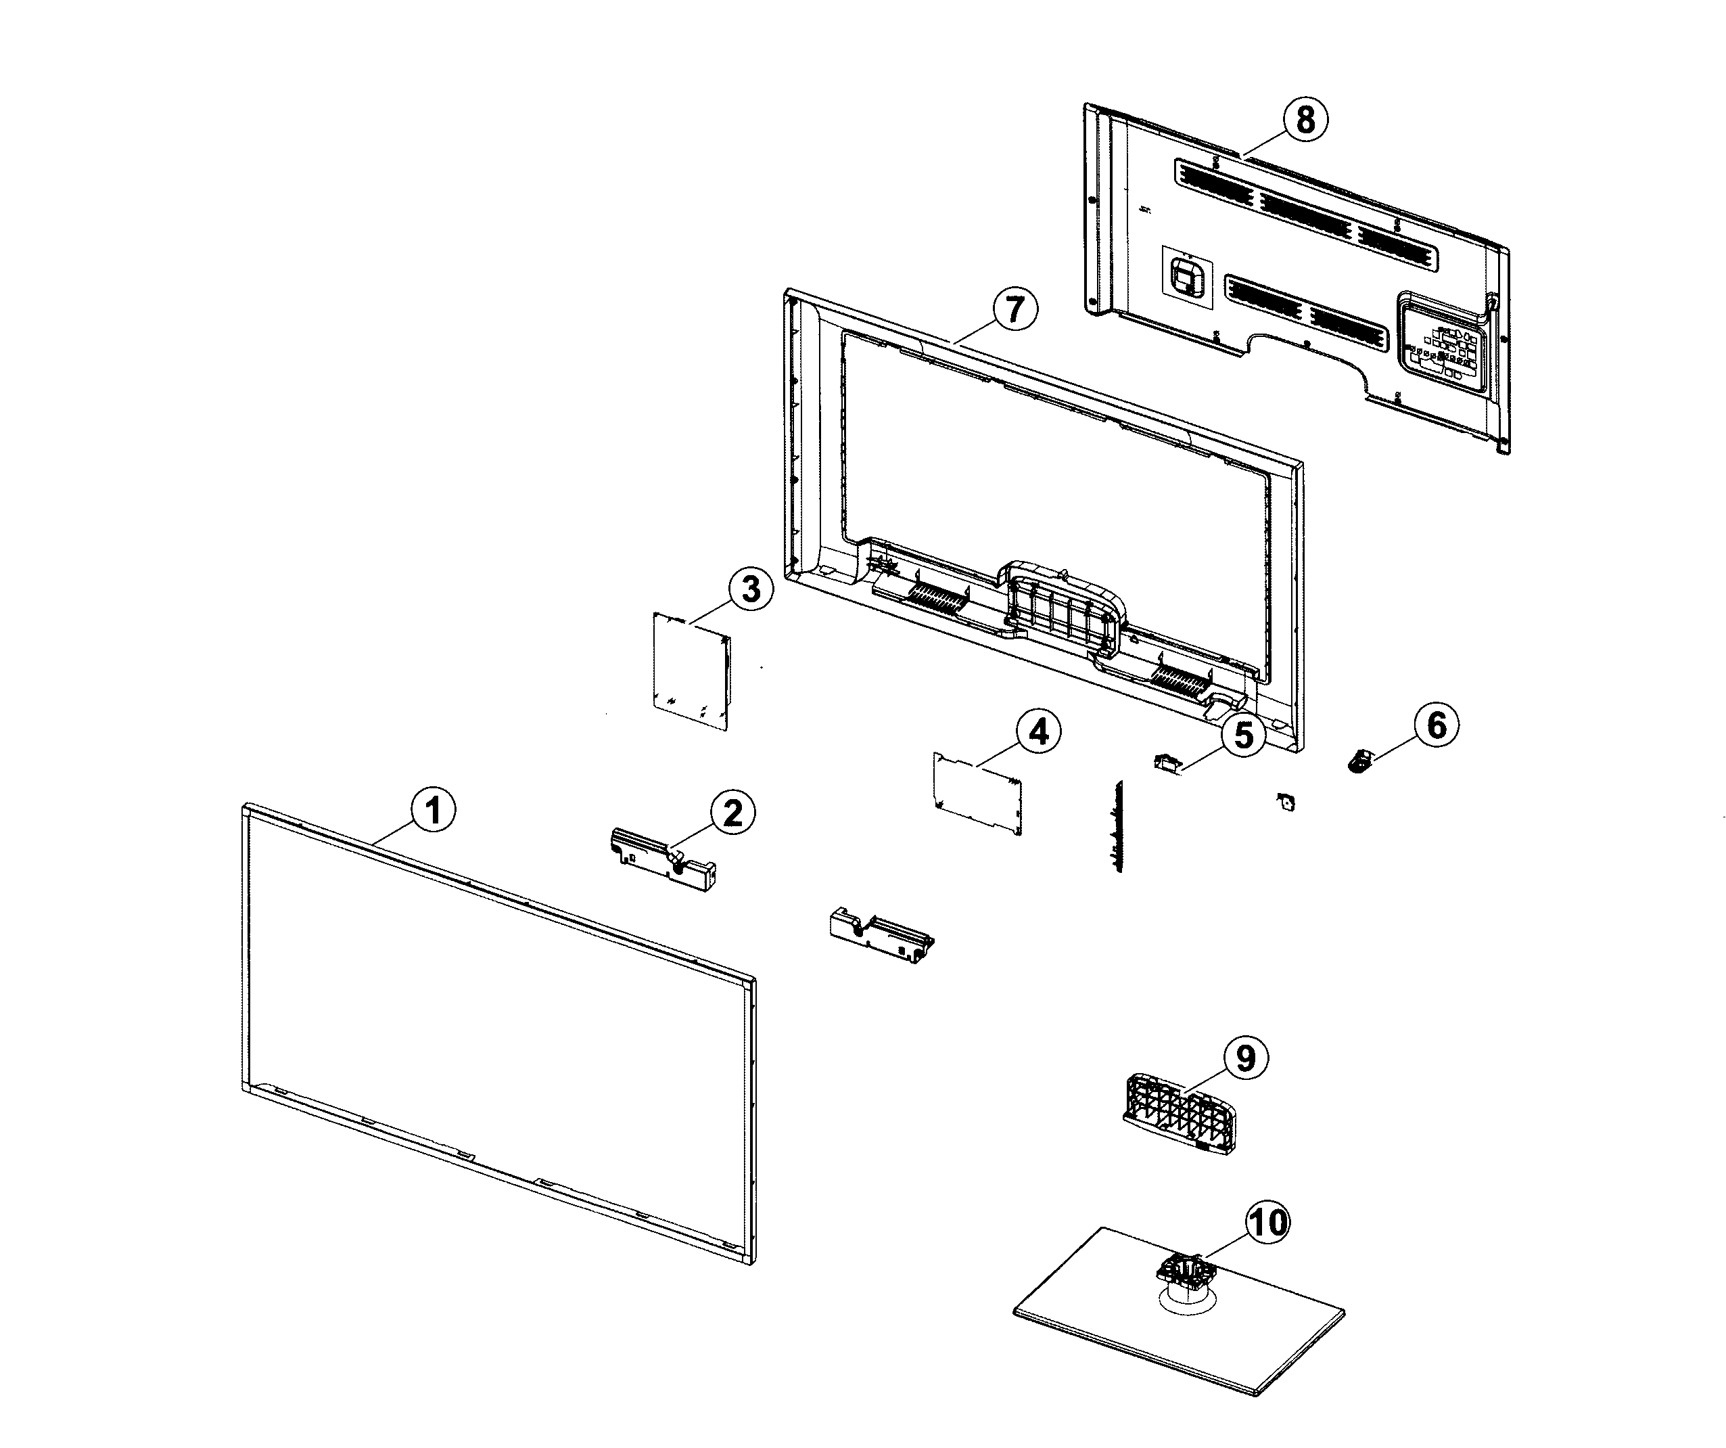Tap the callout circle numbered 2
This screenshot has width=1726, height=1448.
point(732,813)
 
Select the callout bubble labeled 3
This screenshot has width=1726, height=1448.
point(751,589)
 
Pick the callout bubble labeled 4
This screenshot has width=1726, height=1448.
point(1038,731)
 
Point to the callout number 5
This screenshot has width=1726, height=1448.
point(1244,734)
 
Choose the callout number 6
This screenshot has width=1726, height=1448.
point(1436,725)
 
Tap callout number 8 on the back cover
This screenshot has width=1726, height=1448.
point(1305,119)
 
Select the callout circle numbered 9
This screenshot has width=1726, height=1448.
point(1245,1058)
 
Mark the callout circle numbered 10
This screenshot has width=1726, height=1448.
point(1267,1223)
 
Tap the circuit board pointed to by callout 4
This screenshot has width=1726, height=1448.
point(978,792)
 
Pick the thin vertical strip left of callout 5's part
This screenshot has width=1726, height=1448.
point(1116,826)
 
